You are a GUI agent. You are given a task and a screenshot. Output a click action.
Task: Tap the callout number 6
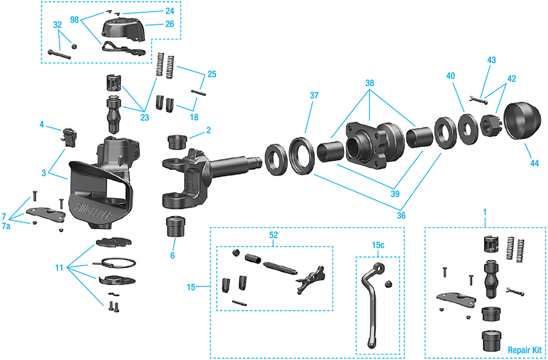172,255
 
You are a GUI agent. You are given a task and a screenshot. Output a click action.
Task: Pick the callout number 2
208,130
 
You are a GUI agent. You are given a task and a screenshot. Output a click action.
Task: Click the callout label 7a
6,225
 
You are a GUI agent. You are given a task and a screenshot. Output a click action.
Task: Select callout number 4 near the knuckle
42,125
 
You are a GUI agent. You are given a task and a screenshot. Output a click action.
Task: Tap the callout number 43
491,60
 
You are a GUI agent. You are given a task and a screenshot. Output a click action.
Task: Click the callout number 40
450,77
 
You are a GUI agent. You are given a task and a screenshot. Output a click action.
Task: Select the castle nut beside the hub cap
490,126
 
